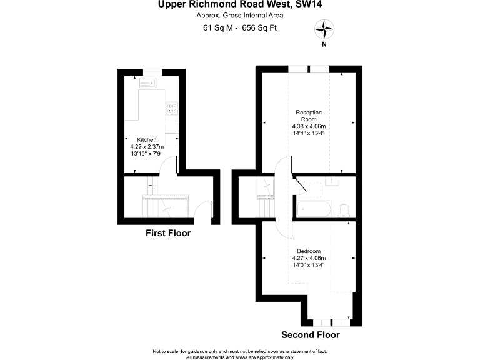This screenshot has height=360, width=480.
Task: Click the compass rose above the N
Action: coord(324,27)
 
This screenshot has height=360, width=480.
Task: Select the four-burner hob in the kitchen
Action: coord(172,108)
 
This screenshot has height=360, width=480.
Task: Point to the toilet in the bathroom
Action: coord(343,209)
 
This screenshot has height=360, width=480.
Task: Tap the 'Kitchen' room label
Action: coord(147,139)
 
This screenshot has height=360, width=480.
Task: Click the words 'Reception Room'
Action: coord(309,116)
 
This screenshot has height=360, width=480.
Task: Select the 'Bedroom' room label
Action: coord(309,251)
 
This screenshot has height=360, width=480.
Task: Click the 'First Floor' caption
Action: coord(168,234)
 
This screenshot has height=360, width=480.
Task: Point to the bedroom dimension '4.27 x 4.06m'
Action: coord(309,258)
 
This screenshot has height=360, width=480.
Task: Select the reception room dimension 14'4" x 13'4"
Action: coord(309,132)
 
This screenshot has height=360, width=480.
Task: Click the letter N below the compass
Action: coord(324,44)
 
